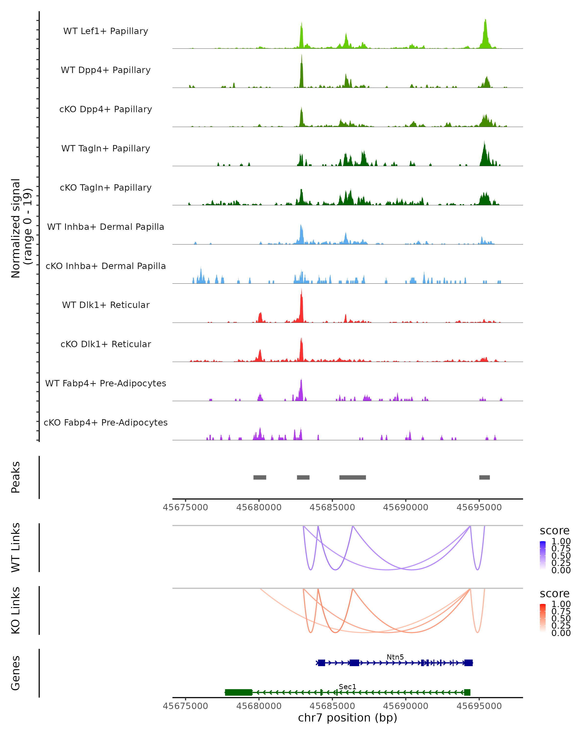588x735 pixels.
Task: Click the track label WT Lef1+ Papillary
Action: pyautogui.click(x=106, y=31)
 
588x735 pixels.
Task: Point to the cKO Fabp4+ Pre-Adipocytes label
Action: pyautogui.click(x=106, y=422)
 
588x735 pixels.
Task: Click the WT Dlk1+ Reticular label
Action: pyautogui.click(x=106, y=305)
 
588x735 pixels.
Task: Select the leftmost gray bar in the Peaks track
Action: pyautogui.click(x=260, y=477)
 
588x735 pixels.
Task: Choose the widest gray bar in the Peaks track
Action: pyautogui.click(x=353, y=477)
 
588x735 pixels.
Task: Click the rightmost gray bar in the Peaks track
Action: pyautogui.click(x=484, y=477)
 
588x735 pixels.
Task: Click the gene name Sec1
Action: pyautogui.click(x=347, y=686)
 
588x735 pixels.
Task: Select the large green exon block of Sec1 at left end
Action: pyautogui.click(x=239, y=692)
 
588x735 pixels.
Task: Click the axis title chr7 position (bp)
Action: pyautogui.click(x=347, y=718)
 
